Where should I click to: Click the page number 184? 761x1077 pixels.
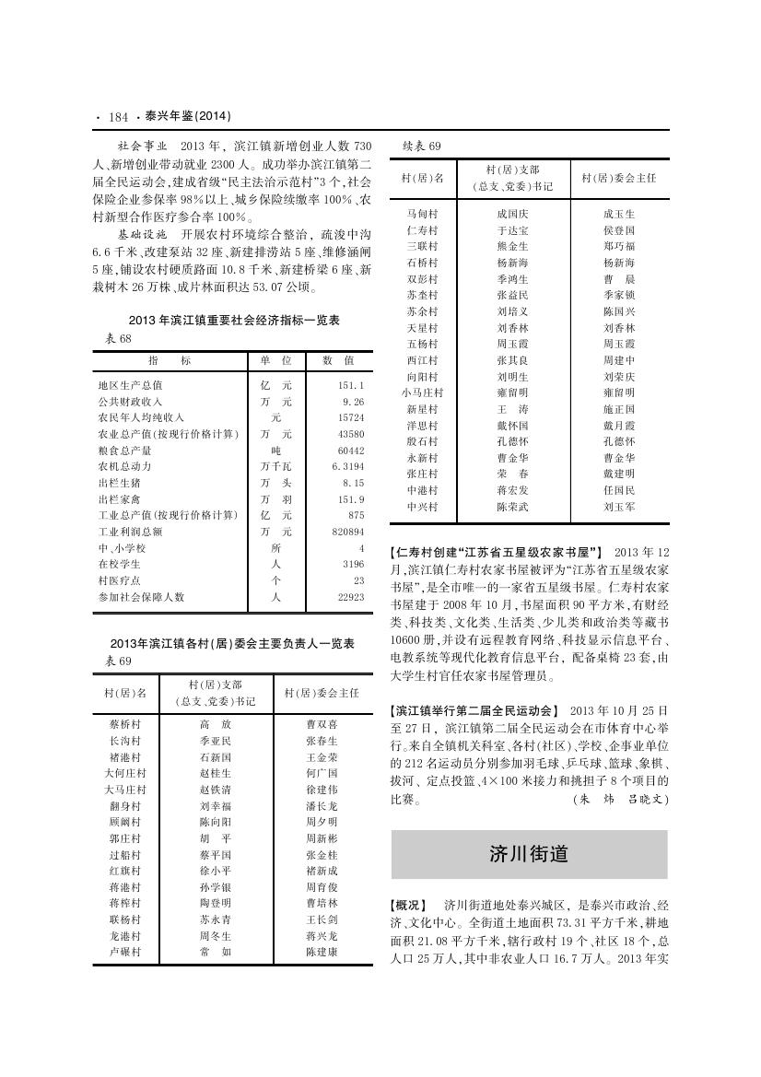[x=117, y=117]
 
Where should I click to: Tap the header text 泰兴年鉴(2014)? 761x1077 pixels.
[x=182, y=117]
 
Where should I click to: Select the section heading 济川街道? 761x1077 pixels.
[x=529, y=854]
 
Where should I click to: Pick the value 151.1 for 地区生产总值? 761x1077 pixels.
[x=352, y=385]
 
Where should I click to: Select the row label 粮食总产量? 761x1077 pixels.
[x=124, y=451]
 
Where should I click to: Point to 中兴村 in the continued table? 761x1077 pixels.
[x=422, y=507]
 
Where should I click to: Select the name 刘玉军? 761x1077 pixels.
[x=619, y=507]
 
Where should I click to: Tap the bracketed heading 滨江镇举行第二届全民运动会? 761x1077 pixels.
[x=475, y=711]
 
